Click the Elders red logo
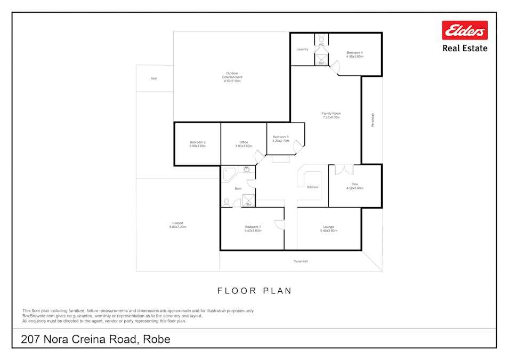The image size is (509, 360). pos(465,30)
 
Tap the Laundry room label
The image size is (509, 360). pos(302,50)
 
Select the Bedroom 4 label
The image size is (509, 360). pos(355,54)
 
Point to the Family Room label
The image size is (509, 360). pos(332,115)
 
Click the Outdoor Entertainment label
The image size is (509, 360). pos(232,77)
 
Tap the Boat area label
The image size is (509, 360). pos(154,78)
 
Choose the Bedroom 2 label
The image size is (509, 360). pos(198,144)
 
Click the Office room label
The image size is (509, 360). pos(244,144)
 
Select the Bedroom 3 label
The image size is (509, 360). pos(280,139)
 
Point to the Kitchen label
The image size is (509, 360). pos(312,187)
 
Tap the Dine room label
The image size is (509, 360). pos(355,186)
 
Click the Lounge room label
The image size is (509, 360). pos(328,229)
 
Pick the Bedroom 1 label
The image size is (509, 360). pos(253,229)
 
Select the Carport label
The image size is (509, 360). pos(177,225)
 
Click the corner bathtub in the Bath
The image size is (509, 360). pos(229,174)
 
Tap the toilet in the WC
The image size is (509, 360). pos(321,38)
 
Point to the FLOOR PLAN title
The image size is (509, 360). pos(255,291)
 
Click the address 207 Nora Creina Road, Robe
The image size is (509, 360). pos(95,339)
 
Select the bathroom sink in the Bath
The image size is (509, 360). pos(246,169)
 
